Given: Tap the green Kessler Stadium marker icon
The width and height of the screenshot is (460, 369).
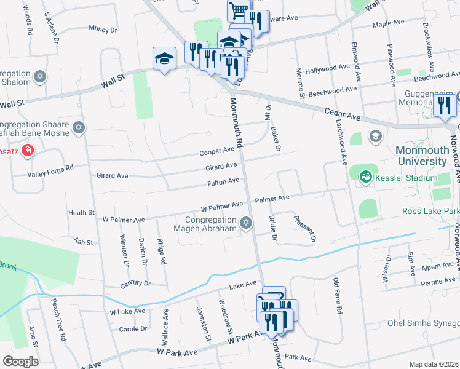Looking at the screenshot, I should (x=365, y=177).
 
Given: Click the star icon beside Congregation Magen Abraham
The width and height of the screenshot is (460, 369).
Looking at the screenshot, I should (x=247, y=223).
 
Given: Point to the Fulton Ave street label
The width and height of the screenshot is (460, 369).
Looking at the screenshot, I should (x=223, y=181).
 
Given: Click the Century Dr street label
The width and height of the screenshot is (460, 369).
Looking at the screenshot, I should (x=135, y=284).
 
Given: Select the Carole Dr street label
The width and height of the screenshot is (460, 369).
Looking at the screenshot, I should (x=132, y=329).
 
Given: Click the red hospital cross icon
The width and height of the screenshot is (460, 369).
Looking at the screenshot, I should (x=27, y=150).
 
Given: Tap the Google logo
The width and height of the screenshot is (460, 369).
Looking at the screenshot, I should (x=20, y=362).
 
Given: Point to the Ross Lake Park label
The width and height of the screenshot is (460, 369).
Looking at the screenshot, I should (x=430, y=211).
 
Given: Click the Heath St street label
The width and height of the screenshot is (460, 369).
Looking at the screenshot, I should (x=81, y=213).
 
